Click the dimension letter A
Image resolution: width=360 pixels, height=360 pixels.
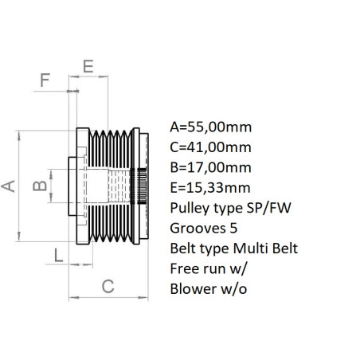(9, 186)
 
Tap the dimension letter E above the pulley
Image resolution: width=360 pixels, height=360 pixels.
(88, 65)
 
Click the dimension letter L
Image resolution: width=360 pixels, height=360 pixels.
(58, 255)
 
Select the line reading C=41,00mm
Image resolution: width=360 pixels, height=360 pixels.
(211, 147)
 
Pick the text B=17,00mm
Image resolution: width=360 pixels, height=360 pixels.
(211, 167)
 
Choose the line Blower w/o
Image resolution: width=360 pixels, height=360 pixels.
(209, 289)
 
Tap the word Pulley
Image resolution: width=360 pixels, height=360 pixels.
(190, 208)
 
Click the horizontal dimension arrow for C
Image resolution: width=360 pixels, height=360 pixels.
(110, 299)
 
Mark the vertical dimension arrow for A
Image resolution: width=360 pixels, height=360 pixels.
(19, 186)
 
